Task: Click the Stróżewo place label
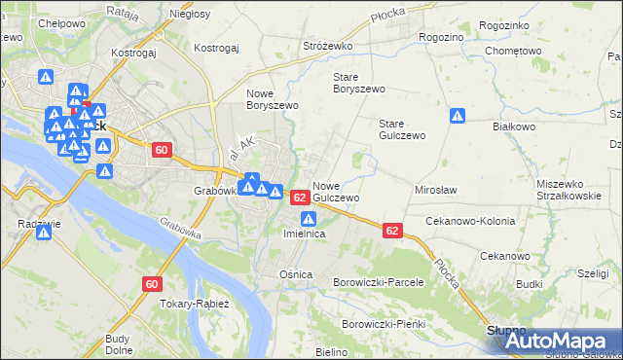tap(327, 46)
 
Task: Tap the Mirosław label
tap(436, 191)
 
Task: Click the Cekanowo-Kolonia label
tap(470, 221)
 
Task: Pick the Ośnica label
tap(296, 274)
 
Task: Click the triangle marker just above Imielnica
tap(306, 219)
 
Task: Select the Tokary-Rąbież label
tap(196, 304)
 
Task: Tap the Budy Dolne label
tap(118, 344)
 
